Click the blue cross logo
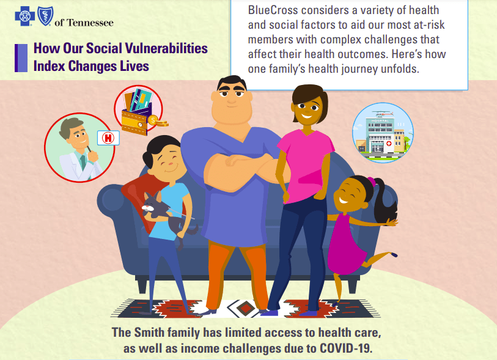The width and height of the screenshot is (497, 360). (x=24, y=16)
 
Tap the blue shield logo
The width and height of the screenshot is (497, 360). (x=45, y=16)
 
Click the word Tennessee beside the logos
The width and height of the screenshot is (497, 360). (x=90, y=23)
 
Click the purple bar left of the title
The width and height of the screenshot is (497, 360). (x=21, y=58)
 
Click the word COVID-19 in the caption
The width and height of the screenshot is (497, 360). (x=345, y=348)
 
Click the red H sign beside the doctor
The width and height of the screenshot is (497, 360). (x=108, y=138)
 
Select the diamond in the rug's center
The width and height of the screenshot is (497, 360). (x=245, y=307)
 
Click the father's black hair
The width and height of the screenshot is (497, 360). (x=232, y=83)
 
